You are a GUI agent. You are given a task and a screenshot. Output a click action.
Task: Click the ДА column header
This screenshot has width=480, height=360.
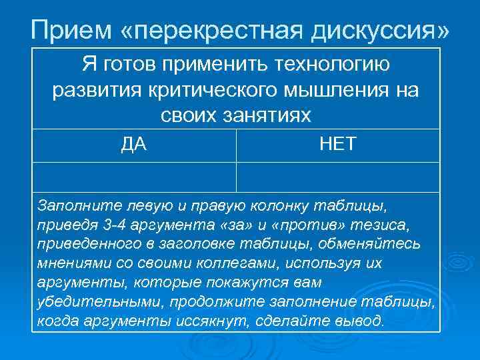pos(134,144)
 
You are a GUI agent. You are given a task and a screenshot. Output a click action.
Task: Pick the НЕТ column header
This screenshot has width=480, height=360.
pos(338,144)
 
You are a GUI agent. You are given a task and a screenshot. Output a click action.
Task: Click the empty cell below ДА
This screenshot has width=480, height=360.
pos(134,177)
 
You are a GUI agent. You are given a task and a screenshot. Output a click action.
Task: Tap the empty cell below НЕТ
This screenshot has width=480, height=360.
pos(338,177)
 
